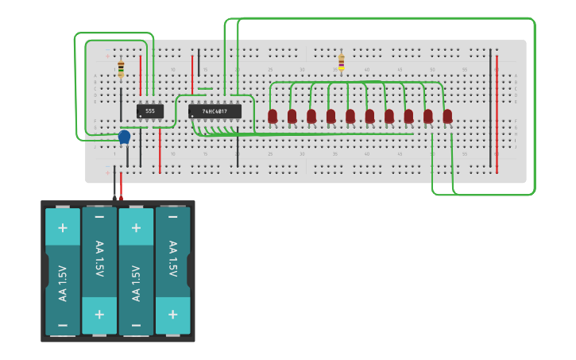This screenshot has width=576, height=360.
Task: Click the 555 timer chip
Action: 149,111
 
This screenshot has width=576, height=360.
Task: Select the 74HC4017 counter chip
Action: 215,111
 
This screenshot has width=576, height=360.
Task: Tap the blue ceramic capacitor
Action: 124,137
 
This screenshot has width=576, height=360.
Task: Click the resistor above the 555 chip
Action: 121,69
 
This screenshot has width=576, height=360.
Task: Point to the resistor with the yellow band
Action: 342,62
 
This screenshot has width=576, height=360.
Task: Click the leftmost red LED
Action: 273,116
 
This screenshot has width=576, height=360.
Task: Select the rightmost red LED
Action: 447,116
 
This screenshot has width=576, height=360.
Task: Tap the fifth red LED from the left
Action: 350,116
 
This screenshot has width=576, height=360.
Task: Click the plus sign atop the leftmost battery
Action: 63,227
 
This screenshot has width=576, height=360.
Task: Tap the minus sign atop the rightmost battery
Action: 172,215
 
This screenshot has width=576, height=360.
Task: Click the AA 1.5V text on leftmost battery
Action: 63,283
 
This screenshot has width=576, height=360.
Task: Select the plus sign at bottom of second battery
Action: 99,315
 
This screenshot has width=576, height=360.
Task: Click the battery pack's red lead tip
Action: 121,196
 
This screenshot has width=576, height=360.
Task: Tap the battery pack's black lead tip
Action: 114,196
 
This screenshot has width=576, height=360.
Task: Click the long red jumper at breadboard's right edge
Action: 497,111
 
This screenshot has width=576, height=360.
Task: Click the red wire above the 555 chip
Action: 141,75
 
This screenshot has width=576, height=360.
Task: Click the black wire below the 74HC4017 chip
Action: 237,147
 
